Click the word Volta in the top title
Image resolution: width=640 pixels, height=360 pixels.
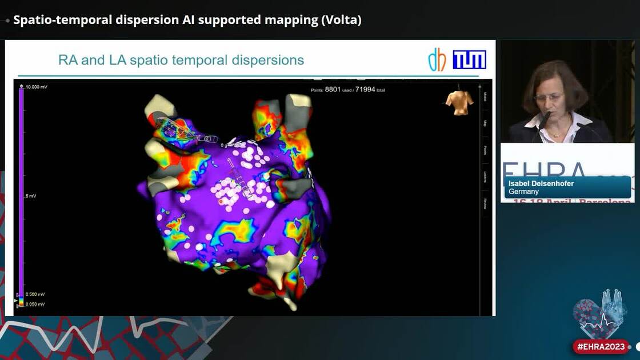point(341,20)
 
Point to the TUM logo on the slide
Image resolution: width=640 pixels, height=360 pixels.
point(469,59)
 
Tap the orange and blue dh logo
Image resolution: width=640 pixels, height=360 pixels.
point(437,60)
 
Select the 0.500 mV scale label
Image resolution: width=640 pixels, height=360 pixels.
point(35,294)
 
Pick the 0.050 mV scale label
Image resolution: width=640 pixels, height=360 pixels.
point(35,304)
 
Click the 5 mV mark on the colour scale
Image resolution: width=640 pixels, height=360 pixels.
point(30,196)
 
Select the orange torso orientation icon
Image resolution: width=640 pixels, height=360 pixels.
point(459,102)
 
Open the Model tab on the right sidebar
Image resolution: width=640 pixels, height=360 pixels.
point(485,96)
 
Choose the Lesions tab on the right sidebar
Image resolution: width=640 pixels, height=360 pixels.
point(485,177)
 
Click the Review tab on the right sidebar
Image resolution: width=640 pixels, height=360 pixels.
point(485,203)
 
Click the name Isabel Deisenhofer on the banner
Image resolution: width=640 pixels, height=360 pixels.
point(541,183)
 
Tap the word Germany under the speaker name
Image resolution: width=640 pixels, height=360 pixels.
point(523,191)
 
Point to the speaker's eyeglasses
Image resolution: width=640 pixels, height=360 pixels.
point(547,98)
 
